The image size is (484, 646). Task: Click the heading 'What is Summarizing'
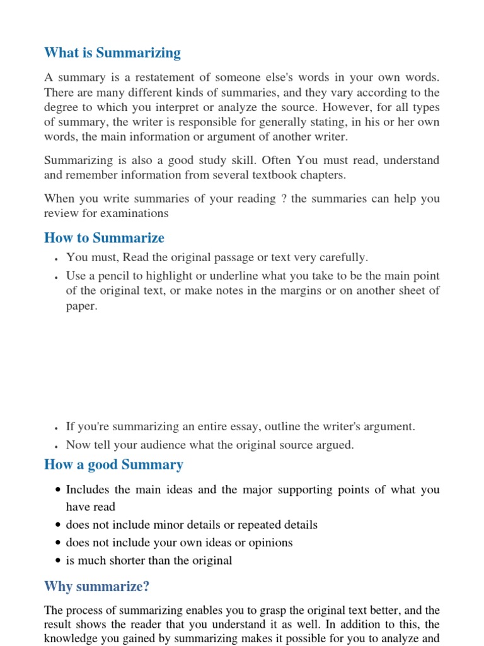tap(112, 53)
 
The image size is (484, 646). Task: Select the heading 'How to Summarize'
tap(104, 238)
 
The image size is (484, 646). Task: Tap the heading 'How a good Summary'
tap(113, 465)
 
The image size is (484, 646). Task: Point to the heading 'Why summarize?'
tap(96, 587)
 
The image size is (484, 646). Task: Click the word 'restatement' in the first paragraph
tap(146, 77)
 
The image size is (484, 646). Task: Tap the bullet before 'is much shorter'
tap(58, 561)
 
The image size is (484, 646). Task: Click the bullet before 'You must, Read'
tap(57, 259)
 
